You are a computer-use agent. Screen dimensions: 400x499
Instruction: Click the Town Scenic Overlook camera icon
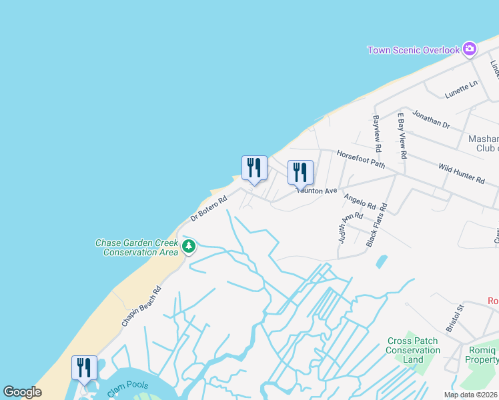(x=470, y=49)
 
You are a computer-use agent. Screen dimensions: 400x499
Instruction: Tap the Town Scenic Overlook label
(x=414, y=50)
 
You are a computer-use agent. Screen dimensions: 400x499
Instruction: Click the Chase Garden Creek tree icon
(x=189, y=247)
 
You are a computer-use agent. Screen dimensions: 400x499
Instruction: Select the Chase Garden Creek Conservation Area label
(x=137, y=248)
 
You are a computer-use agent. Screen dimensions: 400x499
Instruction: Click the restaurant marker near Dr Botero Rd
(x=254, y=169)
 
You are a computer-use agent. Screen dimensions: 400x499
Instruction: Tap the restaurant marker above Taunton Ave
(x=300, y=173)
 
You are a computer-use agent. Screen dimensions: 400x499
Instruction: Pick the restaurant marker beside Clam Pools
(x=85, y=369)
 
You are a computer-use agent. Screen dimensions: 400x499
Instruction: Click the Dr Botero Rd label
(x=209, y=207)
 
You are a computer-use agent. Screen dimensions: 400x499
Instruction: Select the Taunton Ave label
(x=318, y=191)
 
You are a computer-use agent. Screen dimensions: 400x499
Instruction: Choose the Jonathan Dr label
(x=430, y=120)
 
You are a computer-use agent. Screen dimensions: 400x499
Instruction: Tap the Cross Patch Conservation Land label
(x=413, y=350)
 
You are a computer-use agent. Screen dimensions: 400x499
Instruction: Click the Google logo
(x=22, y=392)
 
